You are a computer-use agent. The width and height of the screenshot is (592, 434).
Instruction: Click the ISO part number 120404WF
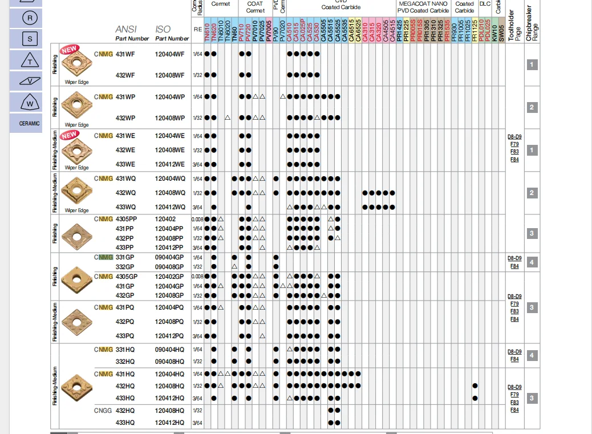169,54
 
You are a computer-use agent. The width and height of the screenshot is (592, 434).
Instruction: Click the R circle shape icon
30,18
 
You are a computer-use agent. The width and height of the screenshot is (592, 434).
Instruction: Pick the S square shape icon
30,39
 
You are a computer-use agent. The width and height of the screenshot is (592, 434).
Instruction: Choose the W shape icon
30,103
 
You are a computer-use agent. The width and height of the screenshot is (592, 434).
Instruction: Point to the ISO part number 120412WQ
170,207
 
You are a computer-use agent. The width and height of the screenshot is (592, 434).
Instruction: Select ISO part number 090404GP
169,258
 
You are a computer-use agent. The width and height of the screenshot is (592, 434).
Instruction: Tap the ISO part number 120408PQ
169,322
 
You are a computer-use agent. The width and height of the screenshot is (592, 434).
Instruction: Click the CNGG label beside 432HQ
103,411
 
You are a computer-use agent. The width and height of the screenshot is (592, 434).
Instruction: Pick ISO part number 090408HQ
169,362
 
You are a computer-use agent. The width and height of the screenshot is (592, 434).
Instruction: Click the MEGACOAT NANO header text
423,3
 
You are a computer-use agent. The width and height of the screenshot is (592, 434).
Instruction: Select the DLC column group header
485,3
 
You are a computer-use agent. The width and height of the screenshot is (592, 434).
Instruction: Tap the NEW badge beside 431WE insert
70,135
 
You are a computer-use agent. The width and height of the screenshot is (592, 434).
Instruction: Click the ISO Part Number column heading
171,33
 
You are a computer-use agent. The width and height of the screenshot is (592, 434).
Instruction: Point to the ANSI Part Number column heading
132,33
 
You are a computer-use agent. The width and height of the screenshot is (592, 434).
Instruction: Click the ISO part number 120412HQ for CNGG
169,423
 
